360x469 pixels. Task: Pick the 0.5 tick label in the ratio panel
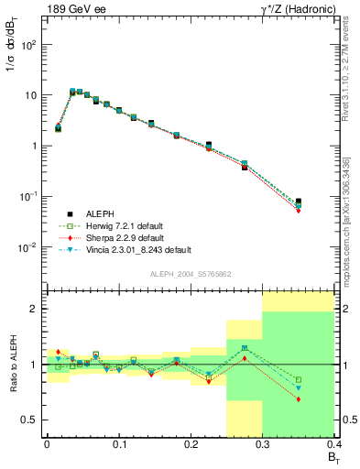click(x=30, y=420)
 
